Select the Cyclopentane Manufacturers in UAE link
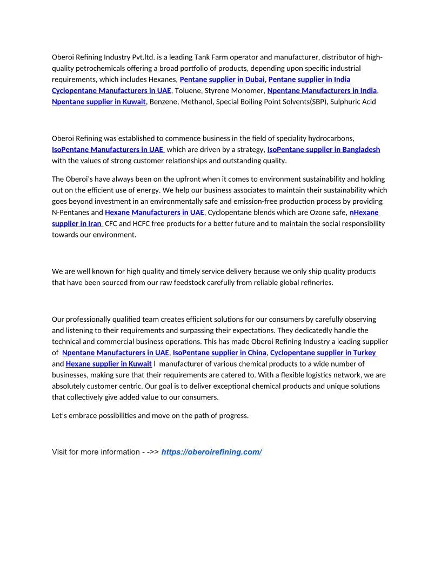coord(111,90)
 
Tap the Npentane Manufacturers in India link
coord(322,90)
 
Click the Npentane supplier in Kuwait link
coord(99,102)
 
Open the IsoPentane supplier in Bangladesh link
coord(323,149)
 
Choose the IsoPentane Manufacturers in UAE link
coord(108,149)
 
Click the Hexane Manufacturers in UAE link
coord(154,213)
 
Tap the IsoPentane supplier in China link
coord(219,353)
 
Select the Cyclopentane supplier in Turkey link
coord(323,353)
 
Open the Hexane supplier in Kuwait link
coord(109,364)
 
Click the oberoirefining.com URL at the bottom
coord(211,452)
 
